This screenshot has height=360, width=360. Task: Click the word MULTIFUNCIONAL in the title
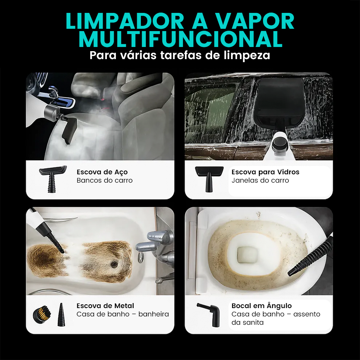pyautogui.click(x=180, y=39)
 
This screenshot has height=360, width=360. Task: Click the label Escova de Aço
pyautogui.click(x=102, y=172)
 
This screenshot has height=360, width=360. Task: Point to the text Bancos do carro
pyautogui.click(x=105, y=180)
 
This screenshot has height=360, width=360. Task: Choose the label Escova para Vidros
pyautogui.click(x=265, y=172)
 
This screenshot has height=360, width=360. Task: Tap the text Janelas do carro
pyautogui.click(x=260, y=180)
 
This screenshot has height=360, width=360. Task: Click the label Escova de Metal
pyautogui.click(x=105, y=306)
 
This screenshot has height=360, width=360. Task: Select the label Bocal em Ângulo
pyautogui.click(x=261, y=306)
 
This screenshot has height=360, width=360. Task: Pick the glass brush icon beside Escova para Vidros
pyautogui.click(x=207, y=177)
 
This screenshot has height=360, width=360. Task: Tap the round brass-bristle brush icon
pyautogui.click(x=41, y=314)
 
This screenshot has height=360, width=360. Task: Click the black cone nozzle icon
pyautogui.click(x=61, y=315)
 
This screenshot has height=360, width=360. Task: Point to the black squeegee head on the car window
pyautogui.click(x=282, y=100)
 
